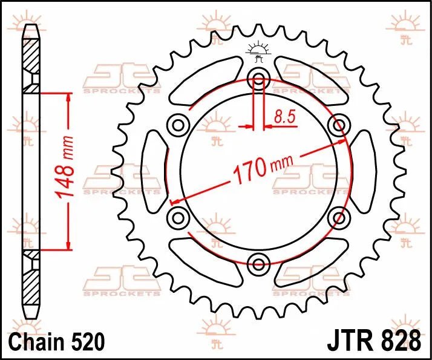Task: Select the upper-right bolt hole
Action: click(x=338, y=125)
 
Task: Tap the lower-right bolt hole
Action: click(x=338, y=217)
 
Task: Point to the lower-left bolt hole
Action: click(x=178, y=217)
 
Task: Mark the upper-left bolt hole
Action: click(x=178, y=125)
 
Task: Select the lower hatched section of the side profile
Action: click(x=30, y=278)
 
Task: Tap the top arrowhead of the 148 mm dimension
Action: click(x=68, y=97)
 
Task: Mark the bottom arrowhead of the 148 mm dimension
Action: click(x=68, y=244)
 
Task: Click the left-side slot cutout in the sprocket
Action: click(x=153, y=171)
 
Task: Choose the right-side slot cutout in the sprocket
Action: click(x=364, y=171)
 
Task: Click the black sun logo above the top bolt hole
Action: click(x=259, y=53)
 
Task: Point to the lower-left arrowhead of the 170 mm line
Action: click(x=174, y=201)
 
